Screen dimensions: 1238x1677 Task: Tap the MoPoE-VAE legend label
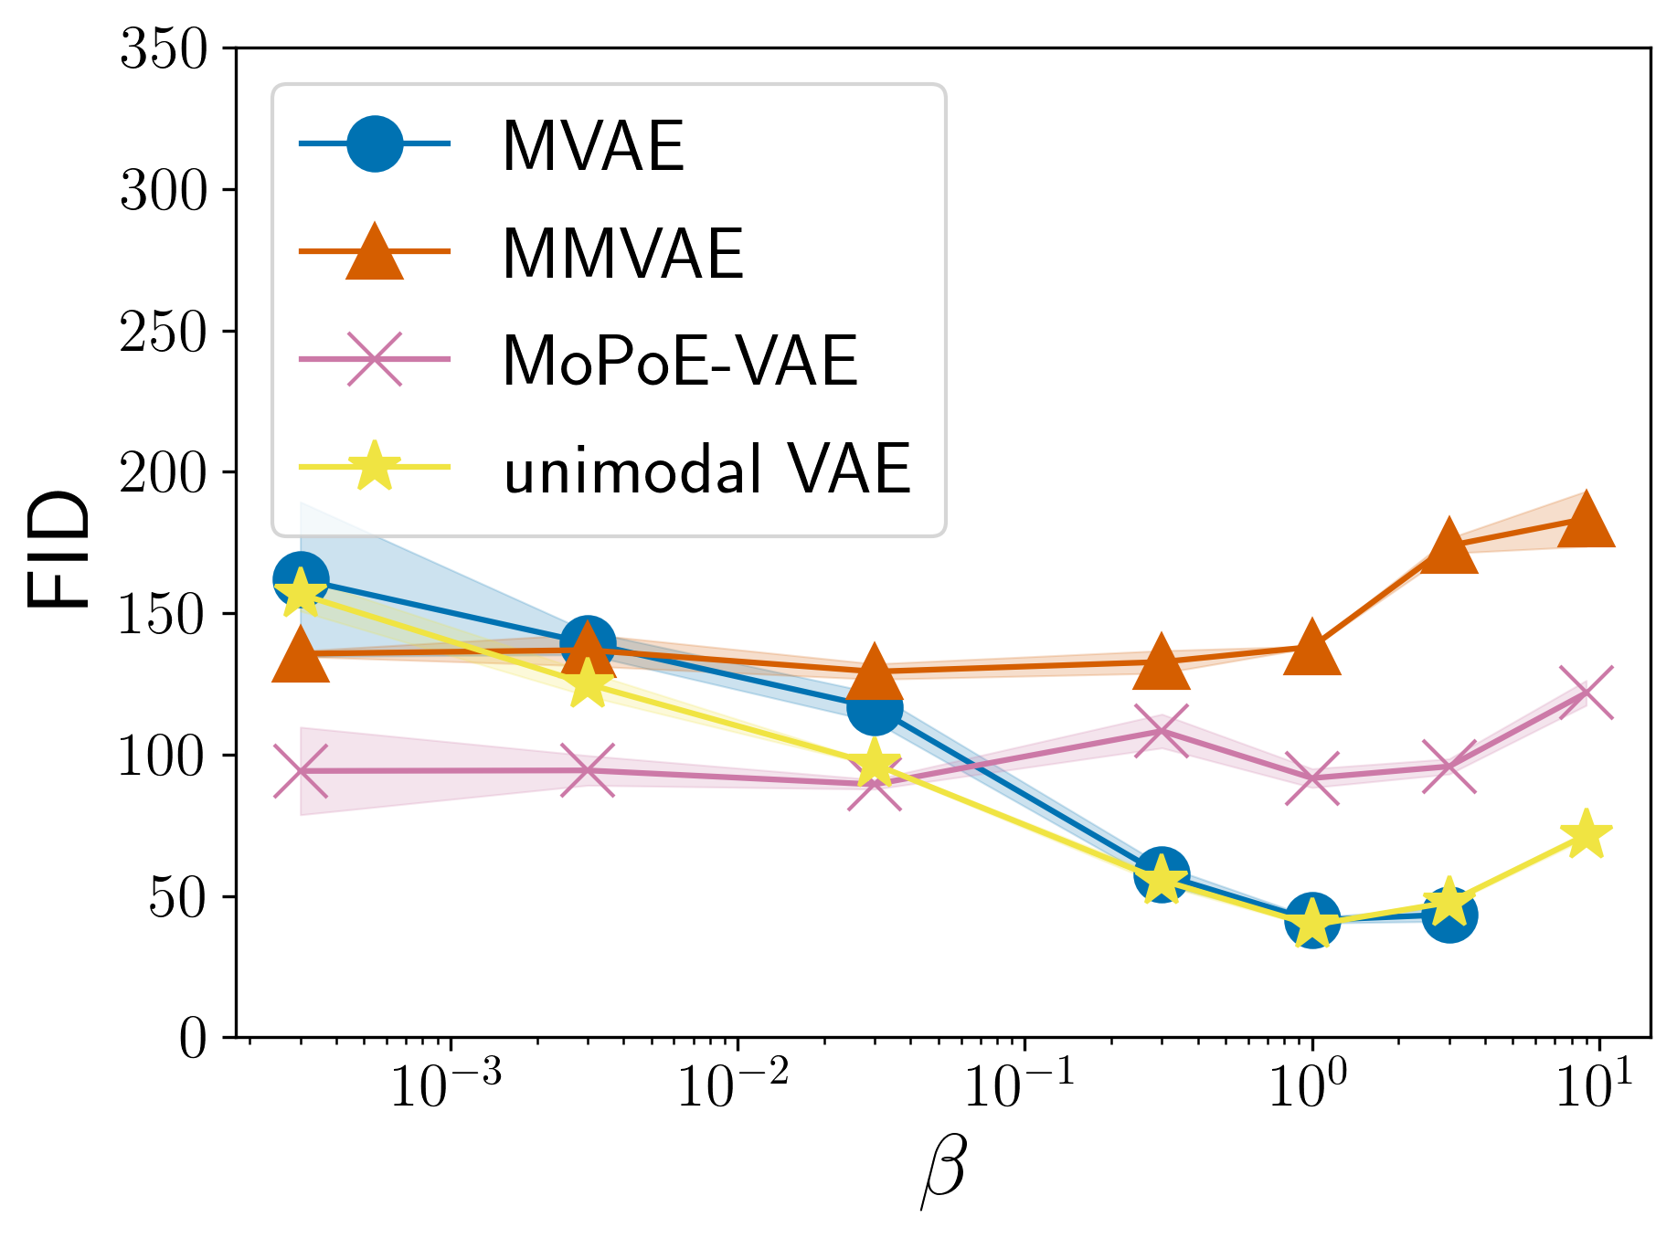[x=680, y=362]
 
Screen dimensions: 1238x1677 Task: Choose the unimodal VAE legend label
[x=707, y=469]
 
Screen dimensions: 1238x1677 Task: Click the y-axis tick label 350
[x=165, y=49]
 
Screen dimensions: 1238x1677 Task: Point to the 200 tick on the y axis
[x=165, y=473]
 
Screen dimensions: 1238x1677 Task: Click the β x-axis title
[x=943, y=1172]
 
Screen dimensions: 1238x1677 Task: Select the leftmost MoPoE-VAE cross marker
[x=301, y=771]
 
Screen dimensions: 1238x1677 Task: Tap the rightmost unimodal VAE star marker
[x=1586, y=834]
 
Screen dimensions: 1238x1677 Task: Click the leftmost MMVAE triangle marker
[x=301, y=656]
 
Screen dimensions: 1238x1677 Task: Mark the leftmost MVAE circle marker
[x=301, y=578]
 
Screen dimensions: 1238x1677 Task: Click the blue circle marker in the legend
[x=375, y=143]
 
